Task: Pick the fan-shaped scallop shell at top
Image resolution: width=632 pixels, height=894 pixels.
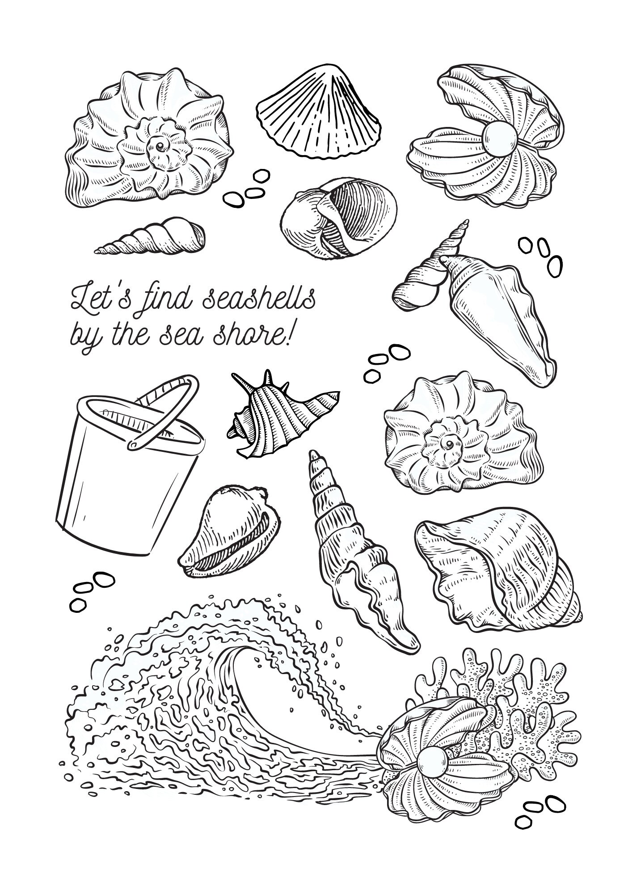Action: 320,112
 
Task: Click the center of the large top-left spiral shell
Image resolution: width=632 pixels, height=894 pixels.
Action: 158,145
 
